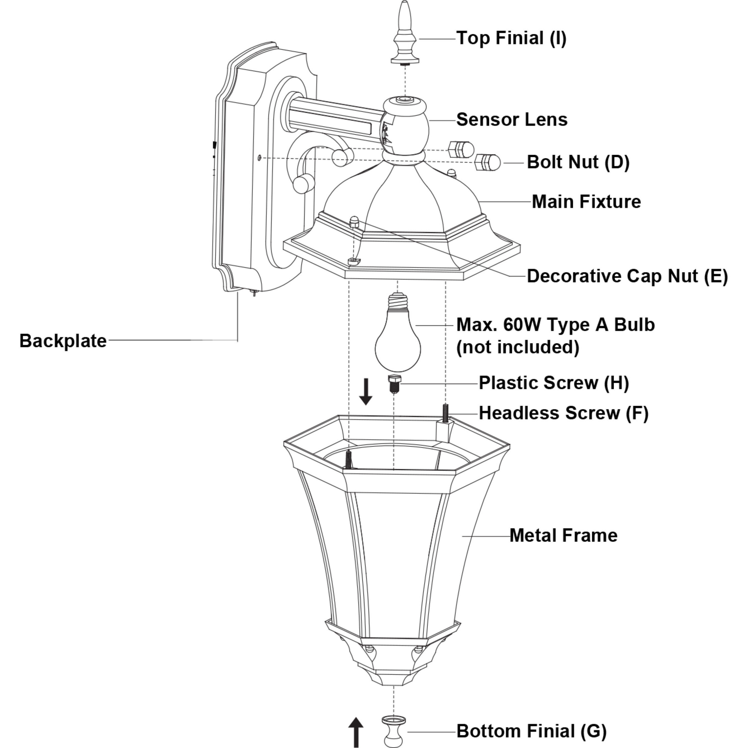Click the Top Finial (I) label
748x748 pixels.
pyautogui.click(x=511, y=38)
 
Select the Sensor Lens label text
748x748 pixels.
pyautogui.click(x=511, y=120)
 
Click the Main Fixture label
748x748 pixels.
pyautogui.click(x=586, y=202)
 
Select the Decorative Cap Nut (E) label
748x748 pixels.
pyautogui.click(x=627, y=276)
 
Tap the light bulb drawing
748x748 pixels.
pyautogui.click(x=398, y=341)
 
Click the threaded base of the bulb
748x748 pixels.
pyautogui.click(x=398, y=301)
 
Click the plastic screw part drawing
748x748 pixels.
pyautogui.click(x=394, y=384)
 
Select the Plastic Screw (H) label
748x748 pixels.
pyautogui.click(x=554, y=383)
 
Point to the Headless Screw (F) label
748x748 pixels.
pyautogui.click(x=563, y=413)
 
